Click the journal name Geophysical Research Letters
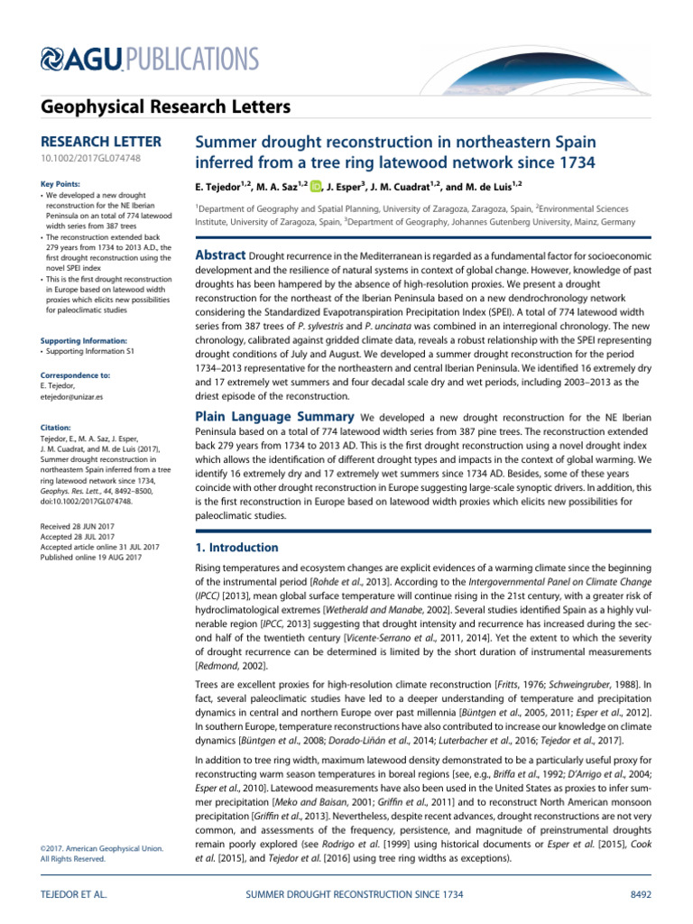(153, 107)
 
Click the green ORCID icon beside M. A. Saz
(317, 187)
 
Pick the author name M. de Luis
(492, 187)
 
